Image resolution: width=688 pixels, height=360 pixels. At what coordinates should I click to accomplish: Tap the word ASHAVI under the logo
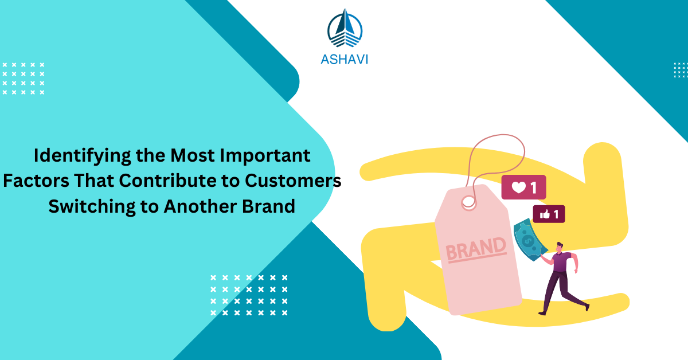(x=345, y=58)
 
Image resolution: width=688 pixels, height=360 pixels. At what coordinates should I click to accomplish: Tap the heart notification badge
(x=523, y=187)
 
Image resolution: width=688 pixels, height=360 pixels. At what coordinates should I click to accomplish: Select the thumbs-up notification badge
(x=549, y=214)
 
